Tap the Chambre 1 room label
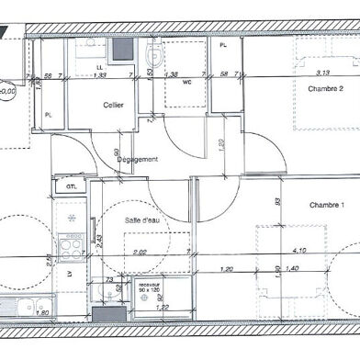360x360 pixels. (x=326, y=204)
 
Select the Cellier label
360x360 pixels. (x=113, y=105)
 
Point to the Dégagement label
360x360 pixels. (x=137, y=159)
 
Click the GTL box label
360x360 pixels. (x=70, y=186)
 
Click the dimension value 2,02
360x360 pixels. (x=141, y=250)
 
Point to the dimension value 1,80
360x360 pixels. (x=41, y=312)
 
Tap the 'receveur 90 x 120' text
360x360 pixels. (x=148, y=288)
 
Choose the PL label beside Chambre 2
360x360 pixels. (x=223, y=45)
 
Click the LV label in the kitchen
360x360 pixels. (x=68, y=274)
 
